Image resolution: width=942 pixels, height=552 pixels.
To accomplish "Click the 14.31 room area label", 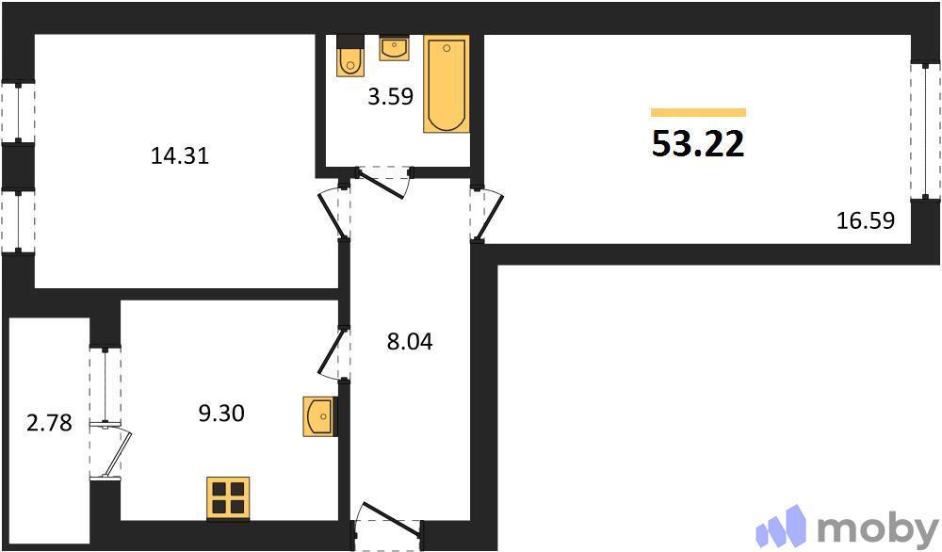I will [x=179, y=156].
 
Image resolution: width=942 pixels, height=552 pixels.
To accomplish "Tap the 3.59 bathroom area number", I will [x=390, y=96].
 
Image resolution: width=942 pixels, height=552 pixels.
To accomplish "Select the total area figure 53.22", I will [x=698, y=144].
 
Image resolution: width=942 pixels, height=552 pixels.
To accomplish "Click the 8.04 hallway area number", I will [x=409, y=341].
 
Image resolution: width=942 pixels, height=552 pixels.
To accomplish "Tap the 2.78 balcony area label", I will [x=49, y=423].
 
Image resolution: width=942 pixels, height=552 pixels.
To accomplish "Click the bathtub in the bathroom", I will [x=446, y=84].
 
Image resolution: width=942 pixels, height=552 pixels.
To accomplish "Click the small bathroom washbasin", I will [x=393, y=48].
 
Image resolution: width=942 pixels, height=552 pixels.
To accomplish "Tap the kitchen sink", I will [x=318, y=416].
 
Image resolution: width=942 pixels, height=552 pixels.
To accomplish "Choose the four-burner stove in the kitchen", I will [x=228, y=496].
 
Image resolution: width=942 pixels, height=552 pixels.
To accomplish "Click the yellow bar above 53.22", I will [x=698, y=112].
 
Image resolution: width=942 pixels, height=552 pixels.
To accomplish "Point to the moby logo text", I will [x=877, y=527].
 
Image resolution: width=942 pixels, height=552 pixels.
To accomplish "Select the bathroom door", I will [x=382, y=180].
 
